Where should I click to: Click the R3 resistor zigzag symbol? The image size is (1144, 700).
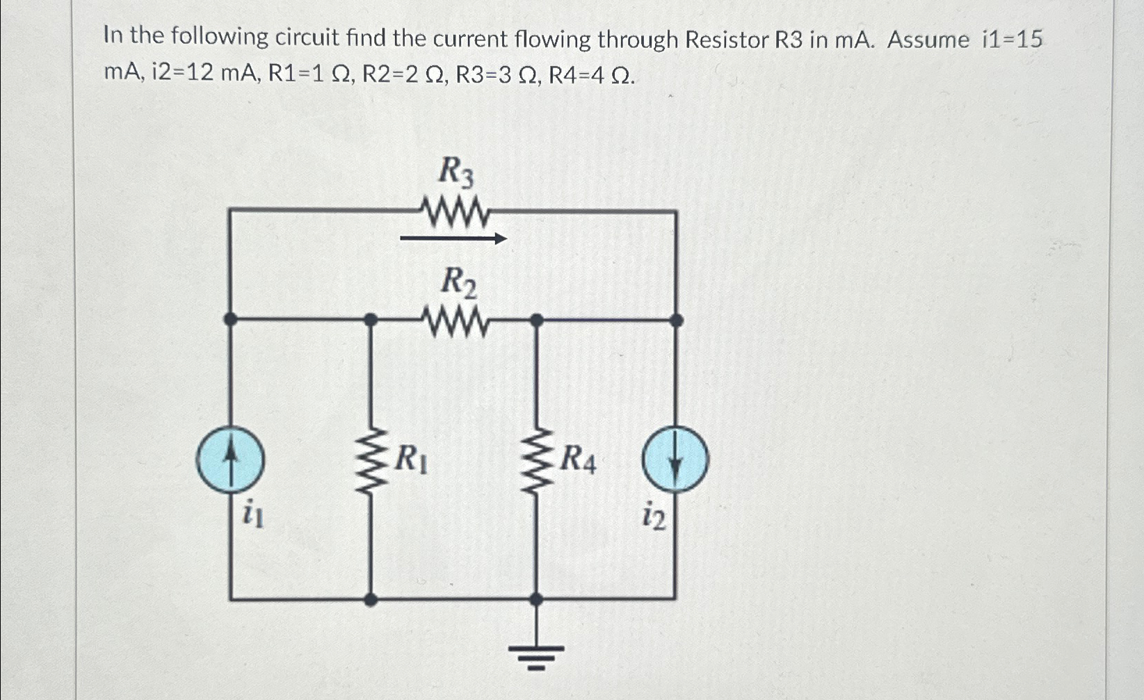pos(456,212)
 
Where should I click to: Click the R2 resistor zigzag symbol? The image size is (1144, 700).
pos(456,322)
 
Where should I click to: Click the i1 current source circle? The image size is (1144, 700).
pos(230,459)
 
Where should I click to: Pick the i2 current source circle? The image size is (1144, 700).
pos(675,460)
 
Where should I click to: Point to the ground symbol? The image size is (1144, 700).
pos(535,653)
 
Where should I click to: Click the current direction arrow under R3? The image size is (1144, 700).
pos(453,239)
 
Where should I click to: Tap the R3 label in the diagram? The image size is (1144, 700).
pos(456,172)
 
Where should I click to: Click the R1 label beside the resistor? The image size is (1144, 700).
pos(412,459)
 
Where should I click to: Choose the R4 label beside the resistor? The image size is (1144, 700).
pos(578,459)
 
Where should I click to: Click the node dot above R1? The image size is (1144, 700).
pos(371,320)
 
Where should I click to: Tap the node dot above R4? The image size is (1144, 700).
pos(536,320)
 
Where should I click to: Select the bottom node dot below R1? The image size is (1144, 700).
pos(371,599)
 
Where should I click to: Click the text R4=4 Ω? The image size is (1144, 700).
pos(591,75)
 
